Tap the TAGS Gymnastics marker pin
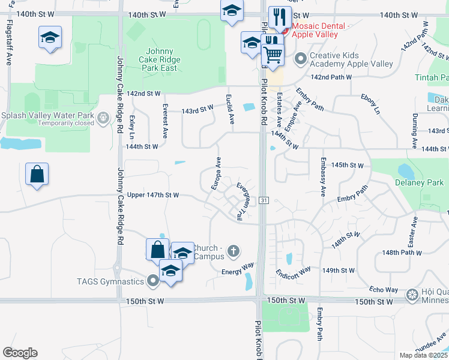coord(154,280)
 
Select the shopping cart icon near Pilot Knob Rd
coord(273,55)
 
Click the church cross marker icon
coord(234,251)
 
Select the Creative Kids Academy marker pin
coord(300,59)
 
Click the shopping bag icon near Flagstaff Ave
coord(37,174)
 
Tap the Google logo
coord(20,353)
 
